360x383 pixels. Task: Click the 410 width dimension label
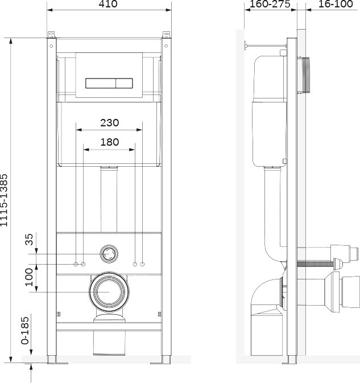pos(108,4)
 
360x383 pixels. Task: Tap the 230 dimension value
pos(110,122)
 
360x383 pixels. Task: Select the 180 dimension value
pos(110,142)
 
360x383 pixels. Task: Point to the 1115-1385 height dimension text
pos(4,200)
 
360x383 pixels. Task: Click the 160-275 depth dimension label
pos(270,4)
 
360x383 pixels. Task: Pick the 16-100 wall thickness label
pos(336,4)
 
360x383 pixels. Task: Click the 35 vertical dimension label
pos(29,240)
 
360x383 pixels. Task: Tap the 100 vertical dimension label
pos(29,277)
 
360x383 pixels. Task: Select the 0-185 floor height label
pos(25,331)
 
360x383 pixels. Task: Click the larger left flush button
pos(100,83)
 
